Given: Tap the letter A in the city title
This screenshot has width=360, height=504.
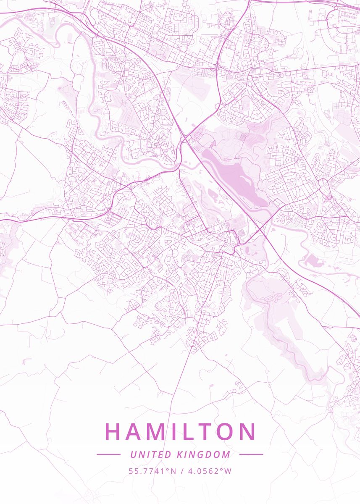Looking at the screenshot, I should click(x=135, y=431).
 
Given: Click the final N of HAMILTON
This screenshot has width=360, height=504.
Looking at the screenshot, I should click(x=249, y=431).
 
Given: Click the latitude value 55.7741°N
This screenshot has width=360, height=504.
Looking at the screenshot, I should click(x=152, y=471).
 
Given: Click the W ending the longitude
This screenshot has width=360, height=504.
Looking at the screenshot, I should click(x=228, y=471).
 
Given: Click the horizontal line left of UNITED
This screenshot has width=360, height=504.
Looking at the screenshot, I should click(x=108, y=454).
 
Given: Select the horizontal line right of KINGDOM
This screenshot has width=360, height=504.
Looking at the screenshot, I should click(x=251, y=454).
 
